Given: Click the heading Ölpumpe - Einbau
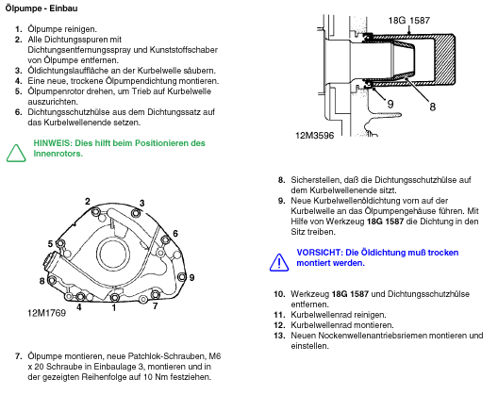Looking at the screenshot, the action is pos(41,8).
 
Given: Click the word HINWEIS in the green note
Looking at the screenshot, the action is pos(53,143).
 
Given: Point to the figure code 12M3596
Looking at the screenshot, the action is pos(314,136).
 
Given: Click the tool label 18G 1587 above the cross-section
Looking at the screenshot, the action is pos(409,21).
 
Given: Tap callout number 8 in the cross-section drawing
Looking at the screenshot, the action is pos(432,107).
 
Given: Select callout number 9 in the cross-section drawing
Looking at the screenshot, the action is pos(390,104).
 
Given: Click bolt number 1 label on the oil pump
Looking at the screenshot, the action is pos(114,307).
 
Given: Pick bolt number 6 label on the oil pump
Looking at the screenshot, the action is pos(175,234).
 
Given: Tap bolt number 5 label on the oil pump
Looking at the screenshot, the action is pos(50,243).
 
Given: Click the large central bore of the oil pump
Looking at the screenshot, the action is pos(113,254).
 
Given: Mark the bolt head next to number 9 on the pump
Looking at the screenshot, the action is pos(181,277).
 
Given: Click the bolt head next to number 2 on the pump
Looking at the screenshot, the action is pos(95,212).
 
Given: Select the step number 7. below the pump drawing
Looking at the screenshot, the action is pos(19,356).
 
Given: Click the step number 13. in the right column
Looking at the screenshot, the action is pos(279,336).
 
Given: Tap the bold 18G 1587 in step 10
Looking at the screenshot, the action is pos(350,294).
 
